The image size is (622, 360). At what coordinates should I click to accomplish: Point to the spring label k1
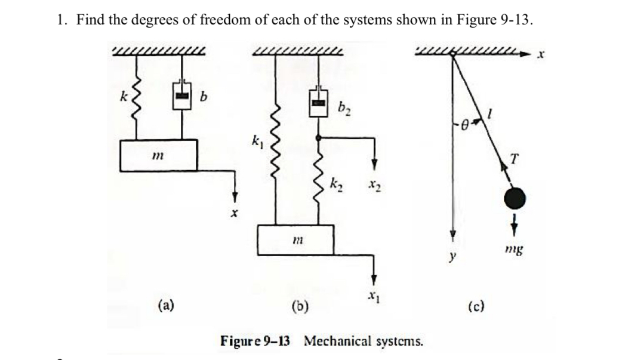click(256, 144)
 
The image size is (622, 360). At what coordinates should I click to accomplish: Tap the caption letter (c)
click(476, 308)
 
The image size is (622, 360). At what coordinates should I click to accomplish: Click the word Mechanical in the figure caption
click(338, 341)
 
